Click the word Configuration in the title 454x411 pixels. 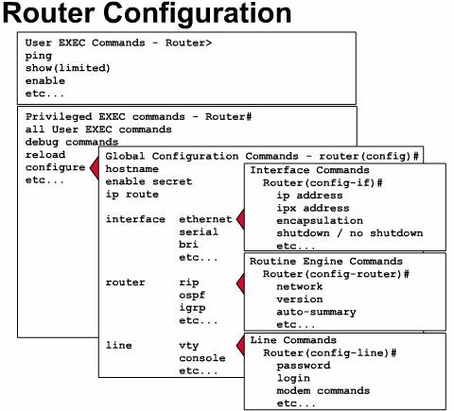pyautogui.click(x=198, y=14)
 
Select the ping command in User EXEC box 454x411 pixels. pyautogui.click(x=39, y=56)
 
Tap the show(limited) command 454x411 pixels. pyautogui.click(x=67, y=68)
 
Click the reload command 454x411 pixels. pyautogui.click(x=45, y=155)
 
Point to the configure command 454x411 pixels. pyautogui.click(x=55, y=167)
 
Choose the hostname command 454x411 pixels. pyautogui.click(x=131, y=169)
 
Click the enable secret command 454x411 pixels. pyautogui.click(x=148, y=181)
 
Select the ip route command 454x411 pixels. pyautogui.click(x=131, y=195)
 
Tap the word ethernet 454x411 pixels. pyautogui.click(x=205, y=219)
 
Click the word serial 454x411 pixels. pyautogui.click(x=199, y=231)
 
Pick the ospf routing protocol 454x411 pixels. pyautogui.click(x=192, y=296)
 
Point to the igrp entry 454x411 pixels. pyautogui.click(x=192, y=308)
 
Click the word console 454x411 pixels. pyautogui.click(x=202, y=358)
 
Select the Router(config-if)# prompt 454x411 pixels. pyautogui.click(x=323, y=182)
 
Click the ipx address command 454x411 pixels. pyautogui.click(x=313, y=208)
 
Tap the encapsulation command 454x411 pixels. pyautogui.click(x=320, y=221)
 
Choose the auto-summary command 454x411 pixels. pyautogui.click(x=316, y=312)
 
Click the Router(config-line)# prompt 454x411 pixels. pyautogui.click(x=329, y=353)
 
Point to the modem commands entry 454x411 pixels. pyautogui.click(x=323, y=391)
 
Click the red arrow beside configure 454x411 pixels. pyautogui.click(x=95, y=168)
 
